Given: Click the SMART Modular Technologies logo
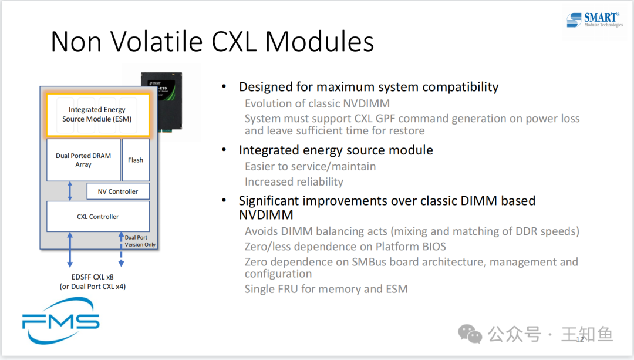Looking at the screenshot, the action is click(595, 21).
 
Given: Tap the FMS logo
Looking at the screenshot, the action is click(60, 321).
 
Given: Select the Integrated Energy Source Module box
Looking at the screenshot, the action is click(97, 114).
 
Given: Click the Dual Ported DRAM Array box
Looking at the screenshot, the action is click(83, 160).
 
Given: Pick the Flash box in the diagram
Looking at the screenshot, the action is click(136, 160).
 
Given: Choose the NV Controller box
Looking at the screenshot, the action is click(118, 191).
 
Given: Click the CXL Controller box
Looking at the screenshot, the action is click(97, 216).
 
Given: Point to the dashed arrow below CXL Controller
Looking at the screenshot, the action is click(122, 250).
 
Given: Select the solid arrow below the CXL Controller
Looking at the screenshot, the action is click(70, 250).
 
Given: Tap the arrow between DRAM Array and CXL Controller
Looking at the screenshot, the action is click(70, 191).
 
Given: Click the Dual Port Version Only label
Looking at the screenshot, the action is click(140, 241).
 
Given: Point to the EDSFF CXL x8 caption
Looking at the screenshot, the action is click(93, 277).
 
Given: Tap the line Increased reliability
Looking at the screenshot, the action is click(294, 181).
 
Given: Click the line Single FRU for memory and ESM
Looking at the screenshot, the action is click(326, 289).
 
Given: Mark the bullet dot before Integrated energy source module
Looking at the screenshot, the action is click(224, 150).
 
